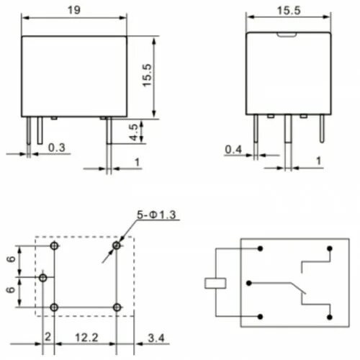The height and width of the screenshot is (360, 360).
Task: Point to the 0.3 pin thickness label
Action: click(57, 148)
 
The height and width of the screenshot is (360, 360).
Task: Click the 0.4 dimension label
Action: click(233, 149)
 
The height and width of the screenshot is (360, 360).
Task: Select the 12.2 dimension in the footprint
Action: click(85, 337)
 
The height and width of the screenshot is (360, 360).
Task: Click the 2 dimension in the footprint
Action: click(48, 336)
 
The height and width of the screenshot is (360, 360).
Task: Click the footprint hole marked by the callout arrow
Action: click(117, 247)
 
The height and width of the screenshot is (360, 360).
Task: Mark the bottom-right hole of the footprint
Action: click(117, 307)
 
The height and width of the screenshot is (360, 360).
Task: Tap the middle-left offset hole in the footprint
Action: click(43, 277)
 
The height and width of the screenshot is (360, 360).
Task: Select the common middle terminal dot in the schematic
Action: click(258, 282)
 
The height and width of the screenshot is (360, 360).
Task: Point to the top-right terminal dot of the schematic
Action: click(330, 249)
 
